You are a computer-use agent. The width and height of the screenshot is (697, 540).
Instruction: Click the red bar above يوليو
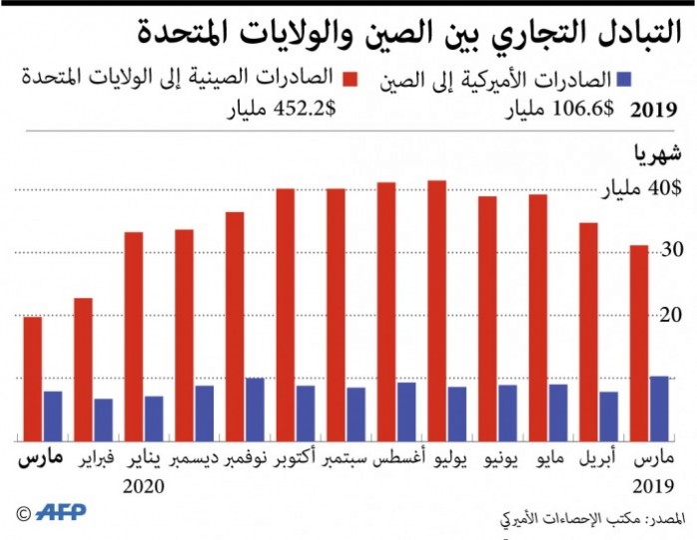click(x=436, y=310)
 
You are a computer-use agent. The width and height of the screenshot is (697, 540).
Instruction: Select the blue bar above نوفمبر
click(x=255, y=409)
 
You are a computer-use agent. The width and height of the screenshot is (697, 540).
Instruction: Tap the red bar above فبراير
click(x=83, y=369)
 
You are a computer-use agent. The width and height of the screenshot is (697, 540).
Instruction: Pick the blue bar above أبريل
click(x=608, y=416)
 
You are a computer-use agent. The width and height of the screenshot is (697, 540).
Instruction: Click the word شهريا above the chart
click(x=655, y=153)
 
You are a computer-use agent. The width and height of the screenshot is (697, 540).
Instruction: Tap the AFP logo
click(x=62, y=512)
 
